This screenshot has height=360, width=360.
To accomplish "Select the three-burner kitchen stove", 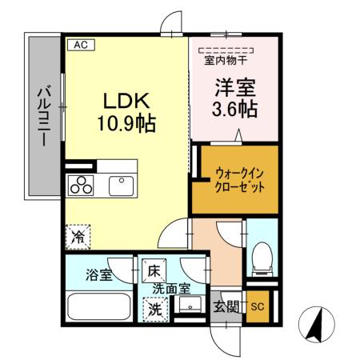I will (82, 185).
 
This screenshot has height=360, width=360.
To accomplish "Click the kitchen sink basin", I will (122, 185).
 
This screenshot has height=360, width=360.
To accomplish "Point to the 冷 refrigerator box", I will (78, 238).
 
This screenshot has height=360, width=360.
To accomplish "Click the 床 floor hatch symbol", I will (153, 270).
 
